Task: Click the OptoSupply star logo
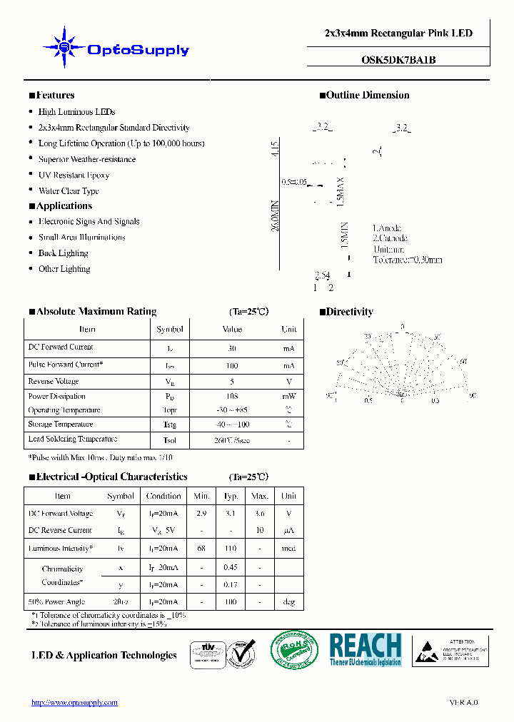coord(64,48)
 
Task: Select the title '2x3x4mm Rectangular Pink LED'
coord(398,34)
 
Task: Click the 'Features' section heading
coord(55,95)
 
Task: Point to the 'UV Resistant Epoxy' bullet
coord(74,175)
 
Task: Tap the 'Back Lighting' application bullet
coord(63,253)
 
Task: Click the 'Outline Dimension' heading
coord(367,95)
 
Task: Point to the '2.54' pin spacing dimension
coord(322,275)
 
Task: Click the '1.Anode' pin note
coord(387,228)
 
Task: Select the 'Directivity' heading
coord(349,312)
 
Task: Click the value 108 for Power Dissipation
coord(232,396)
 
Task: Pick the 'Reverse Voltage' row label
coord(54,382)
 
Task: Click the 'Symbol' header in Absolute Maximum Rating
coord(170,330)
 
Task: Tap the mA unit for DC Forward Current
coord(288,348)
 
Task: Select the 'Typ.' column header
coord(231,496)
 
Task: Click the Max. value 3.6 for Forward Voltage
coord(260,514)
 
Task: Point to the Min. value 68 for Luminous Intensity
coord(201,549)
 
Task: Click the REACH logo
coord(365,649)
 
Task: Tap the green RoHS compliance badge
coord(294,650)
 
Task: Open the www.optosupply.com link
coord(74,703)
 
